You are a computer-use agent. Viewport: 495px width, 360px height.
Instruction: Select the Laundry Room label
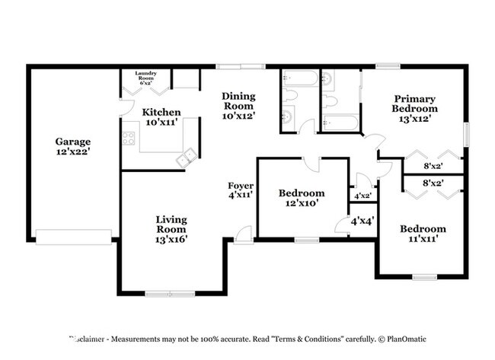(x=145, y=75)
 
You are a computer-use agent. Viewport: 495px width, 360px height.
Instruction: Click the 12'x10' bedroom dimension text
(x=302, y=203)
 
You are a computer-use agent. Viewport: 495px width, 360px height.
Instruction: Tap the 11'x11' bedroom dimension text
(x=423, y=239)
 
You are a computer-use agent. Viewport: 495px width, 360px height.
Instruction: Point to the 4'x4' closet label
(x=361, y=221)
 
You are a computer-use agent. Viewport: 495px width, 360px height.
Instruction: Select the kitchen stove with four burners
(x=129, y=139)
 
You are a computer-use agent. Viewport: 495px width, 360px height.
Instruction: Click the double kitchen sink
(x=184, y=158)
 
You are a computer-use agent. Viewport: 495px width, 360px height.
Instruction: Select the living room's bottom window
(x=171, y=294)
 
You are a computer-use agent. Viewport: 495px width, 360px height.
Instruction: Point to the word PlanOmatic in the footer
(x=407, y=339)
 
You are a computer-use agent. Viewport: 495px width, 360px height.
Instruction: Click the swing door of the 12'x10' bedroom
(x=311, y=164)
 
